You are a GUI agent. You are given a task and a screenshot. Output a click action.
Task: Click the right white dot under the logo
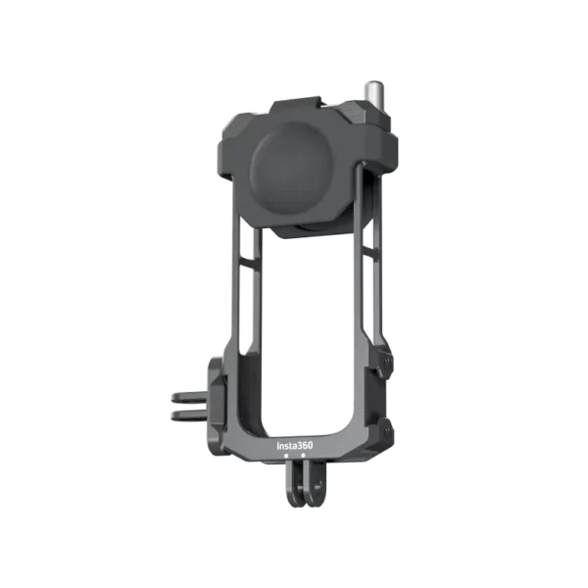pos(303,455)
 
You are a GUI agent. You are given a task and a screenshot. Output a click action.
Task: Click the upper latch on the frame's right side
pos(384,362)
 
